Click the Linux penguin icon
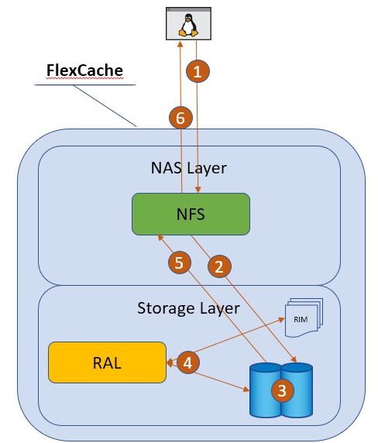(188, 25)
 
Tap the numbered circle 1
(198, 71)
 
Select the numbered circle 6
(180, 118)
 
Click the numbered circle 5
(180, 263)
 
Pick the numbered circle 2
(219, 266)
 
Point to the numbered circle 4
(188, 362)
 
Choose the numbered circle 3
(283, 390)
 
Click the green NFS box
(191, 214)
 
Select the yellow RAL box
(107, 362)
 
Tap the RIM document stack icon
(304, 318)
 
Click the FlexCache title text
(84, 70)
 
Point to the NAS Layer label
(189, 168)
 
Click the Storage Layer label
(188, 308)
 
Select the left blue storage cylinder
(265, 390)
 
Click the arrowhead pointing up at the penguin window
(180, 44)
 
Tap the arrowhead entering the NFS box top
(198, 190)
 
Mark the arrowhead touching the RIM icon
(281, 319)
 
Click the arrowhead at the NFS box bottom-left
(160, 238)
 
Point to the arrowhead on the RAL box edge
(170, 362)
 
